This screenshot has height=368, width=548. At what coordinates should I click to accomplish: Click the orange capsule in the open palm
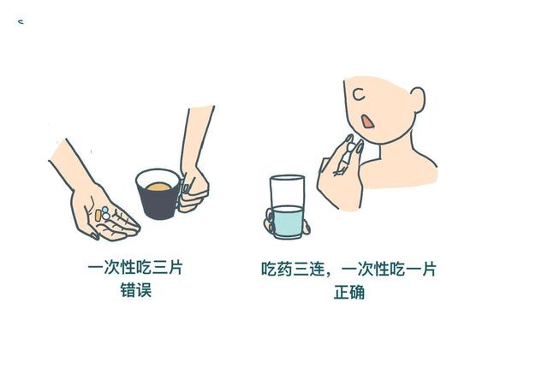coord(98,215)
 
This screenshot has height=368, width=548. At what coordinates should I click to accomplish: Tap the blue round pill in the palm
coord(104,210)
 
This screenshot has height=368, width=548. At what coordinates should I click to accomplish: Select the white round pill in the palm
coord(106,217)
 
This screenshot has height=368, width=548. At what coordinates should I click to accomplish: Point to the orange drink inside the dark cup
coord(159,187)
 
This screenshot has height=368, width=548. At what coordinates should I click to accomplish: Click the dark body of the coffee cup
coord(158,203)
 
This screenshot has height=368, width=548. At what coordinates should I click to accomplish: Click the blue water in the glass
coord(288,222)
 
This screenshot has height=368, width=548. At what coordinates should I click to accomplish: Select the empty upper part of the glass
coord(287,192)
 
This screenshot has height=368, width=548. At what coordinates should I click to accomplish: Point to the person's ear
coord(419,99)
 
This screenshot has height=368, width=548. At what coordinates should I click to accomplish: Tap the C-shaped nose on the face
coord(359,94)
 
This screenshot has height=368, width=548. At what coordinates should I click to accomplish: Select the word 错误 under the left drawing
coord(135,290)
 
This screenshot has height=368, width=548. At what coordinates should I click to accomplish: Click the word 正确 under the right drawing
coord(349,292)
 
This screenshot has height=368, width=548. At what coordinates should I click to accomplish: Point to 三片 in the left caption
coord(168,268)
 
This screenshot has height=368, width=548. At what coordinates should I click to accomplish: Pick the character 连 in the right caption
coord(317,270)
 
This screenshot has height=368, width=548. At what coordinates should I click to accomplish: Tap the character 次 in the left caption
coord(111,268)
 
